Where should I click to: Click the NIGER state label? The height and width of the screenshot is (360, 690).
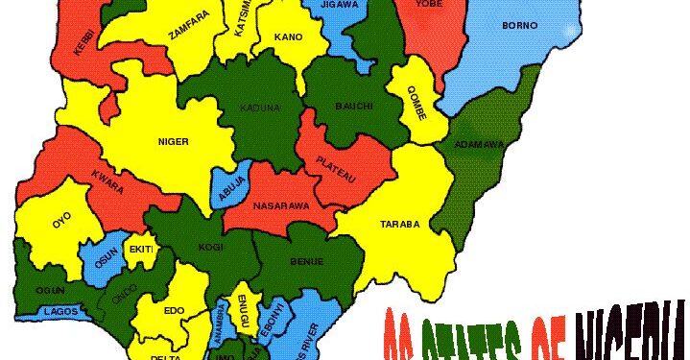pyautogui.click(x=173, y=142)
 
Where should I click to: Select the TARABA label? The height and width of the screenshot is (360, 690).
pyautogui.click(x=401, y=224)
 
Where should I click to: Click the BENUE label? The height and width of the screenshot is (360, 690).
pyautogui.click(x=307, y=261)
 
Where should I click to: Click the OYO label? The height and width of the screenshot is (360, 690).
pyautogui.click(x=61, y=219)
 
